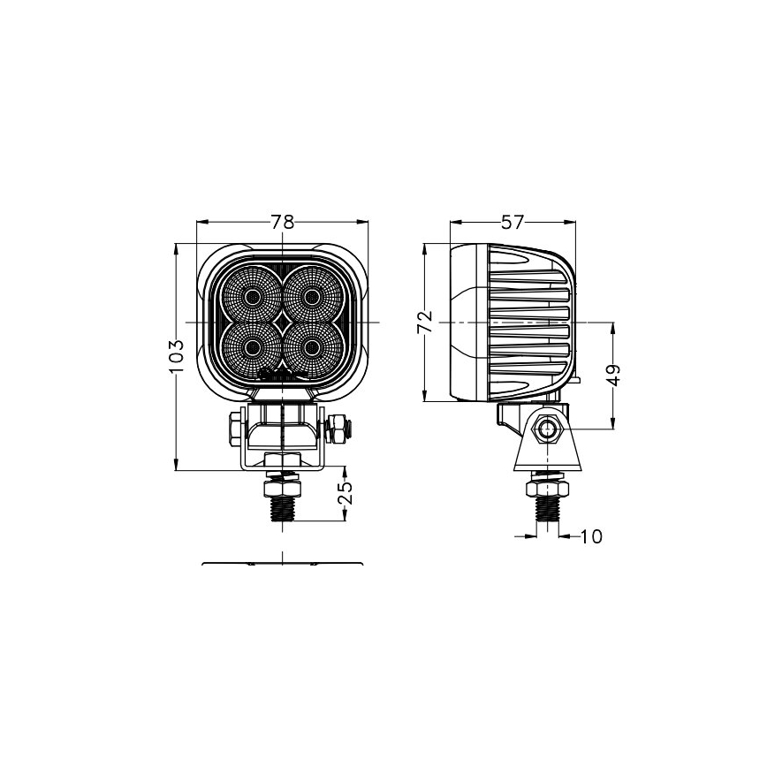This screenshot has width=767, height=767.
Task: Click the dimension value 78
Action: point(282,223)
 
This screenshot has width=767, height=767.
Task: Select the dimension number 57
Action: point(513,223)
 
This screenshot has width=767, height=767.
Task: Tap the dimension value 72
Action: point(425,323)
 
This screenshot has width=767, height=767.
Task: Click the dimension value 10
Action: point(592,535)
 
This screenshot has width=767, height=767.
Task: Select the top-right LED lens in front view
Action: point(310,295)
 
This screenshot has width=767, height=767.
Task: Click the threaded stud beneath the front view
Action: point(283,507)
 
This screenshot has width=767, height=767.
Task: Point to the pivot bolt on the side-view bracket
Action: point(549,430)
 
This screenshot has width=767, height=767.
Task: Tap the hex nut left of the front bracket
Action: point(235,430)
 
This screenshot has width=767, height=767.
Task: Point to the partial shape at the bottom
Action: point(282,563)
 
